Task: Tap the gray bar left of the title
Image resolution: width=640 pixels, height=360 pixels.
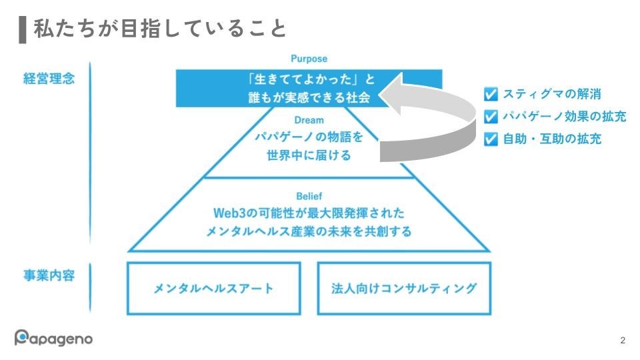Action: pos(23,29)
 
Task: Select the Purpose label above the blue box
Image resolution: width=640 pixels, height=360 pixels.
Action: pos(309,59)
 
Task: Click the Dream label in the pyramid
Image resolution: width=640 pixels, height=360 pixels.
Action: pos(309,121)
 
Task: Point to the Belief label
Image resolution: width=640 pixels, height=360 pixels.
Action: pos(309,196)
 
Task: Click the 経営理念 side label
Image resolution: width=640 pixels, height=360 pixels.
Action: pos(49,79)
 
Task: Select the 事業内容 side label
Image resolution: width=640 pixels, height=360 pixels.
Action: pos(49,275)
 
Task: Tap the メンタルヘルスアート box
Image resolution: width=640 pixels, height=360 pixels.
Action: pos(213,288)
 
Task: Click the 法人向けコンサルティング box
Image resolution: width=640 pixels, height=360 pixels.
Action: pos(404,288)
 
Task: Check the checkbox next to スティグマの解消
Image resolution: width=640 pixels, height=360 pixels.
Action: pos(491,95)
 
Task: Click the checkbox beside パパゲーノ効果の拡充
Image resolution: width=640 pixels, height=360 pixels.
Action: pos(491,117)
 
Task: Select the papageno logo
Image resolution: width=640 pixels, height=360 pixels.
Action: pos(54,338)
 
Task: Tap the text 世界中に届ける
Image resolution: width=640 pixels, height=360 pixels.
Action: pos(309,155)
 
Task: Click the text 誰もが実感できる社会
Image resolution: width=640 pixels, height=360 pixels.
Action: pos(309,97)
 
